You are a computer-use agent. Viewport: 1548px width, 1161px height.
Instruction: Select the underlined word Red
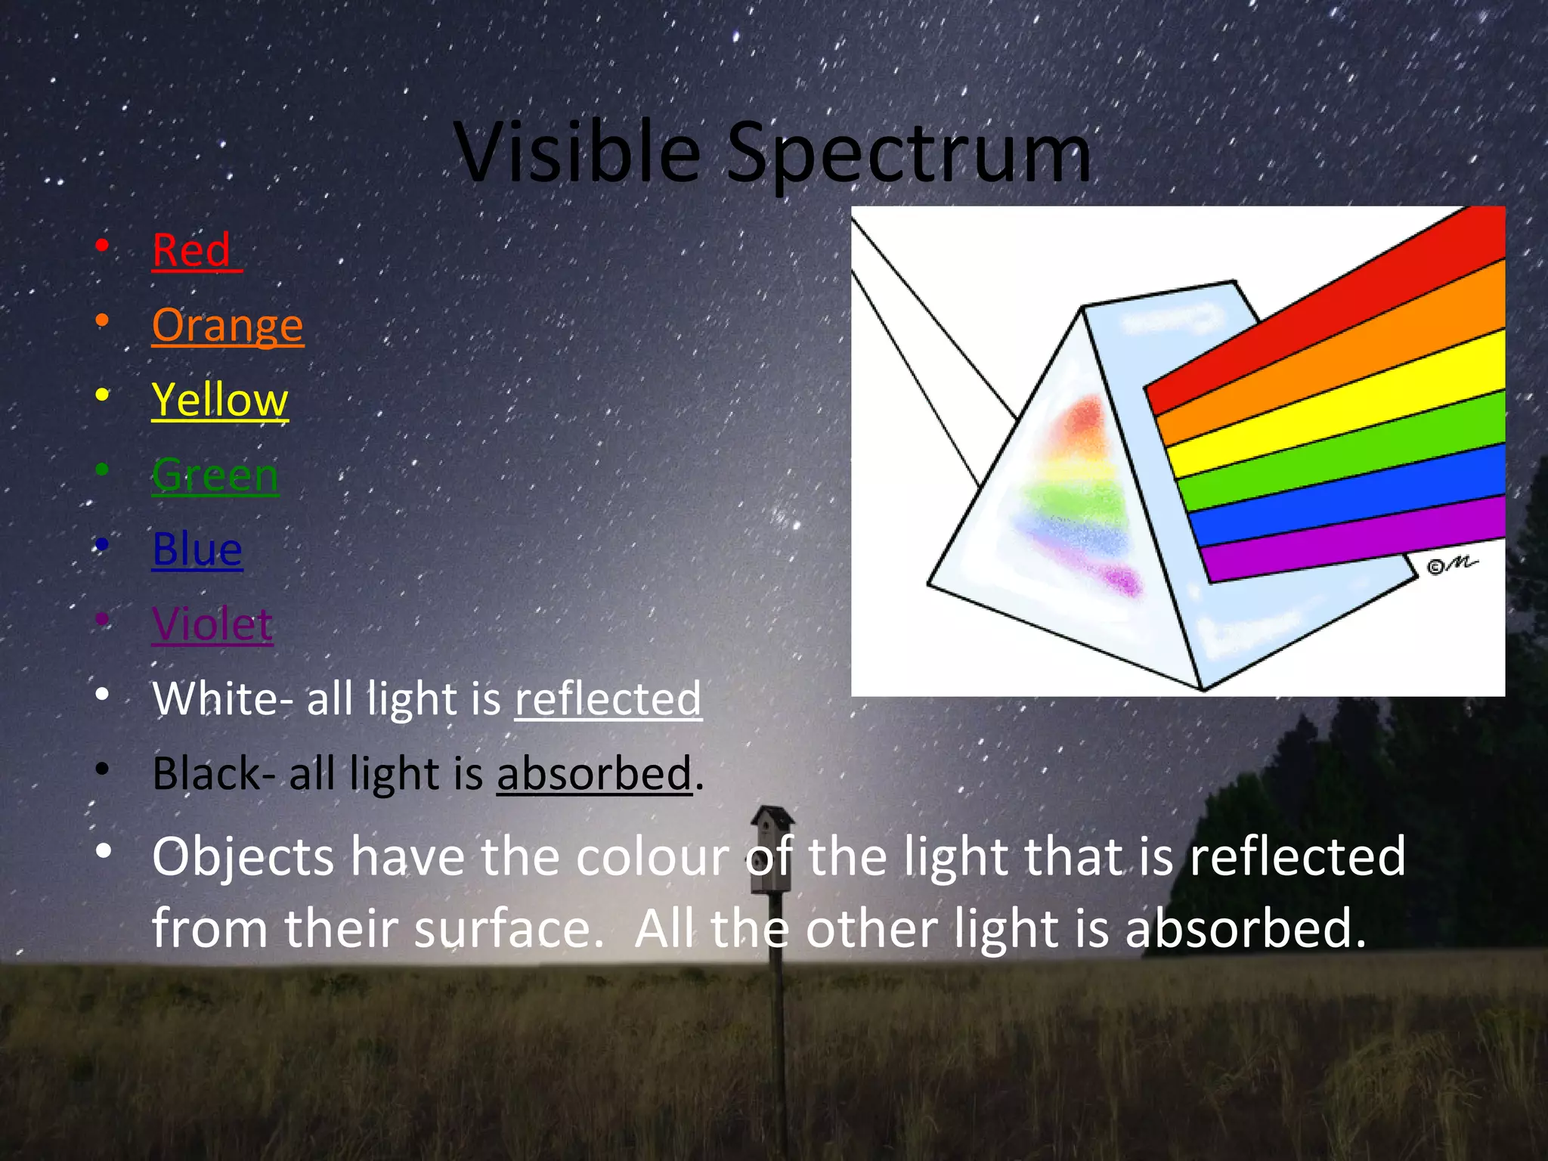193,250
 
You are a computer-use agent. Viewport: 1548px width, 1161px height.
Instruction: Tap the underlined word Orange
228,326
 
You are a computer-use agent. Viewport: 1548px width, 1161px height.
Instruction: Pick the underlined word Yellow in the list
219,400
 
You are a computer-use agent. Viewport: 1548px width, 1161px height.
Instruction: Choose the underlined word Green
215,475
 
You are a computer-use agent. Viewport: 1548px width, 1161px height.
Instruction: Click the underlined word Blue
197,550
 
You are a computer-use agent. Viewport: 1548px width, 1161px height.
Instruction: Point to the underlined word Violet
212,624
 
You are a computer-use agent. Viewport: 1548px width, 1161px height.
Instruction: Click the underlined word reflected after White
608,698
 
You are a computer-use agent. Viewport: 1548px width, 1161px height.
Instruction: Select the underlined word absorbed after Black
594,774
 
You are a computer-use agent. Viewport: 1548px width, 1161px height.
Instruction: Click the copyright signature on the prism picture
1450,565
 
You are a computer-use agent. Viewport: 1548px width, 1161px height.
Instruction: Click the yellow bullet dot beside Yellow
102,395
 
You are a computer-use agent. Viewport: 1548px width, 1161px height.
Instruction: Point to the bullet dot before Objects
104,851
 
